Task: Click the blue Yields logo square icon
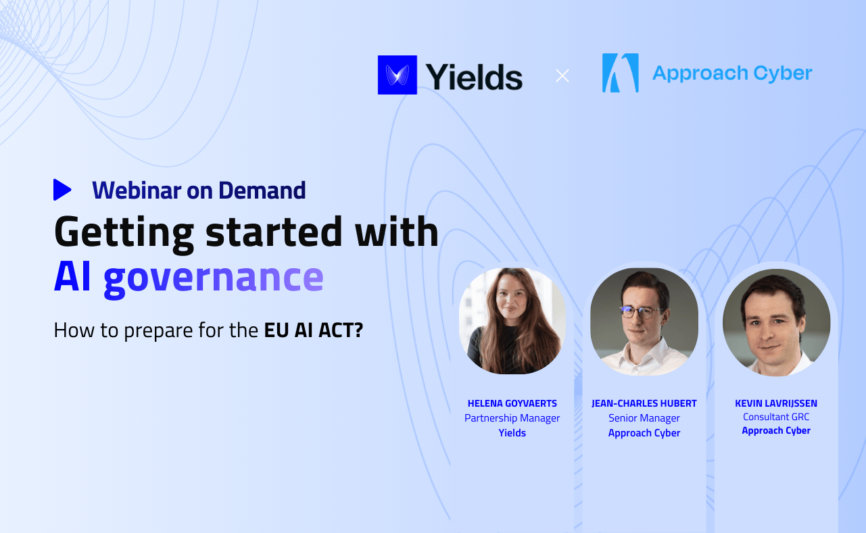point(397,74)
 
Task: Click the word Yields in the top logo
point(474,76)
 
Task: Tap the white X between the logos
point(562,76)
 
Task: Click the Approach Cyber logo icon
point(620,73)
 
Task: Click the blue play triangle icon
point(62,190)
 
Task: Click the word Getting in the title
point(124,232)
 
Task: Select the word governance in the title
point(214,277)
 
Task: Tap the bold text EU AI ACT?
point(313,331)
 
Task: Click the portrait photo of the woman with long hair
point(512,321)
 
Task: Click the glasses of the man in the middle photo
point(638,312)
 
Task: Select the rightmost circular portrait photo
point(776,322)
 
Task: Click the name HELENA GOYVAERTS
point(512,403)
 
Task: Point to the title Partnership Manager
point(512,418)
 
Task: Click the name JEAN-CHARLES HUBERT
point(644,403)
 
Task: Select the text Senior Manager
point(644,418)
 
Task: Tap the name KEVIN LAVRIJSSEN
point(776,403)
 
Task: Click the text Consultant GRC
point(776,417)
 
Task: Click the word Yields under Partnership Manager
point(512,433)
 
